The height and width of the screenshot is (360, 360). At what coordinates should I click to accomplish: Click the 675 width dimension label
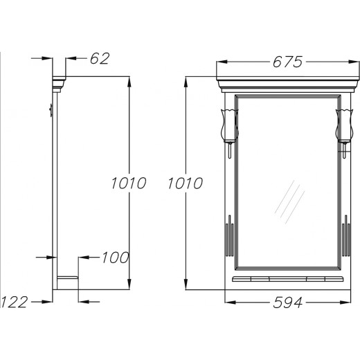click(x=287, y=62)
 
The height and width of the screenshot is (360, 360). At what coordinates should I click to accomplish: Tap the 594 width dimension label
click(x=287, y=303)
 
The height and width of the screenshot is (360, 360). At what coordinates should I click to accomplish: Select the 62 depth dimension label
click(x=100, y=58)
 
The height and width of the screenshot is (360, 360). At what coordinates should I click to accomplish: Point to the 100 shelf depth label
click(x=115, y=258)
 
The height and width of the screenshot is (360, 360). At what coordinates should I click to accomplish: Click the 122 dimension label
click(x=15, y=302)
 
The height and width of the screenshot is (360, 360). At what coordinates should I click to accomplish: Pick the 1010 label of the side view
click(x=128, y=183)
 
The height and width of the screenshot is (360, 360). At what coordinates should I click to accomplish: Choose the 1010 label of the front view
click(x=185, y=183)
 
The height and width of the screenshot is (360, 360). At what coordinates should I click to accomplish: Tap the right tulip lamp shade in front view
click(x=344, y=125)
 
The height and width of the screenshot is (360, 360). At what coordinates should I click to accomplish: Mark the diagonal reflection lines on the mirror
click(x=289, y=202)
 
